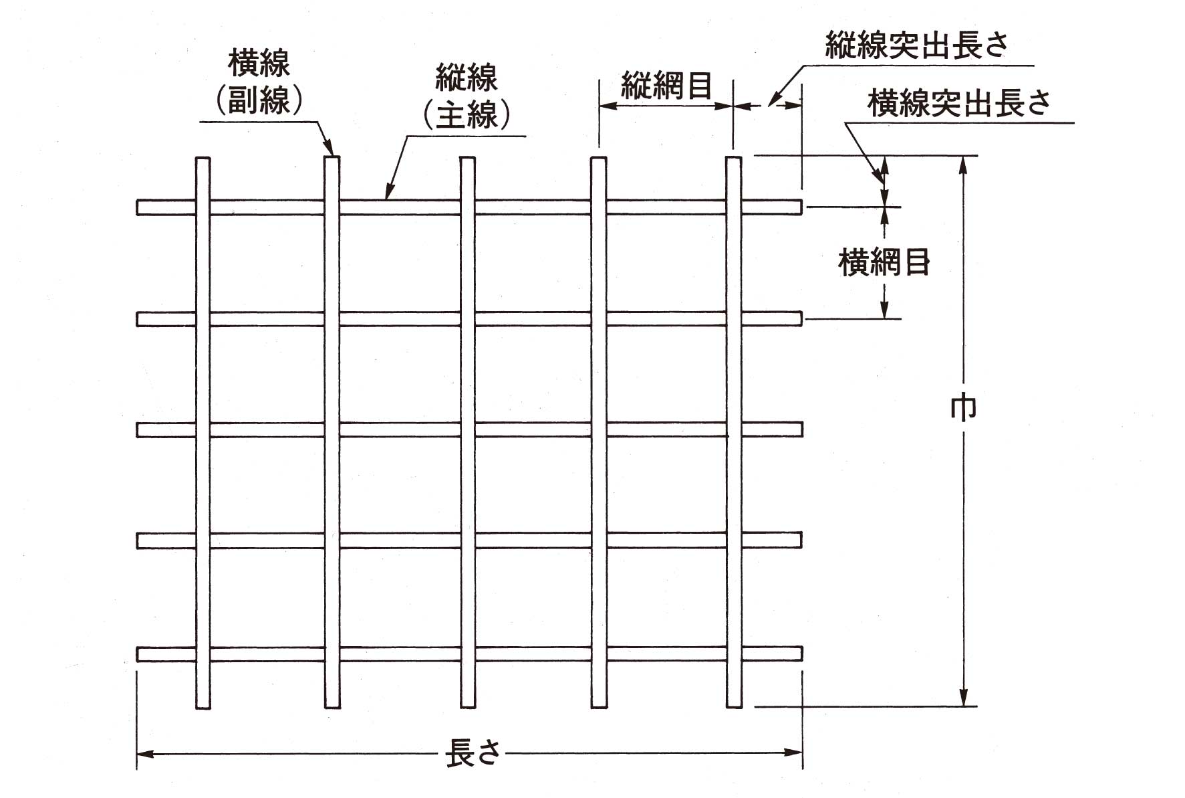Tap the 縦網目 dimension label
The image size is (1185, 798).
(666, 86)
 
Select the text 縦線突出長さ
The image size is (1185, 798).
(916, 45)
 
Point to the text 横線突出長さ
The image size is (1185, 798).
(959, 103)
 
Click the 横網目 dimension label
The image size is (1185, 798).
(884, 262)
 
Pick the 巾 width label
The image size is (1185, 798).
(963, 409)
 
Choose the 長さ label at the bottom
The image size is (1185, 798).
(473, 753)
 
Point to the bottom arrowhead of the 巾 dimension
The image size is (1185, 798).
(963, 697)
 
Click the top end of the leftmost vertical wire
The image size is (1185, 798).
(203, 158)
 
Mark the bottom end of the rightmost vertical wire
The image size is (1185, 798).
(734, 708)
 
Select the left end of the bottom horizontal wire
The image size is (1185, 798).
(138, 654)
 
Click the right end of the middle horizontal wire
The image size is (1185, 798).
(801, 429)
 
